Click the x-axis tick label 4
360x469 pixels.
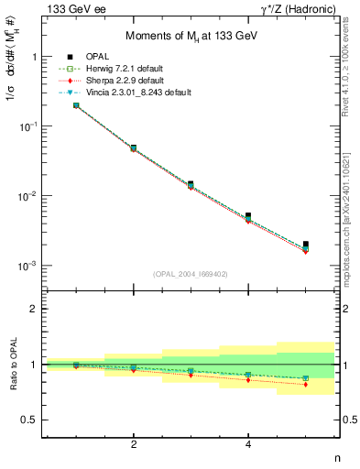248,444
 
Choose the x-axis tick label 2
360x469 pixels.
134,444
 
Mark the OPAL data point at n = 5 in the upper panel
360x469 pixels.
306,245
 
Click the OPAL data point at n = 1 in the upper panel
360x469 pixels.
76,105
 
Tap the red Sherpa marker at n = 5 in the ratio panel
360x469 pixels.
306,385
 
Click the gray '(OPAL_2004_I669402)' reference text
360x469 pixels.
191,275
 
